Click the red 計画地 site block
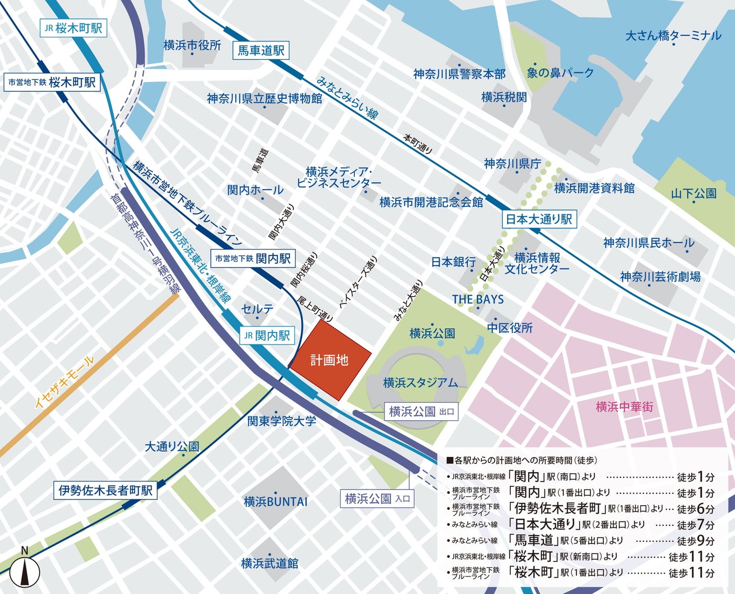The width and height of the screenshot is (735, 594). coord(330,361)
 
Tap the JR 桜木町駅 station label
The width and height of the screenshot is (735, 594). coord(73,28)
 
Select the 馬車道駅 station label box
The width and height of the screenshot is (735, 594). coord(260,50)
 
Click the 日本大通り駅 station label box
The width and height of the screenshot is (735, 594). coord(539,219)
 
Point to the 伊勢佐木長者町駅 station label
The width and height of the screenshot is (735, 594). coord(106,490)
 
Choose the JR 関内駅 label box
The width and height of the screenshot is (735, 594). coord(267,336)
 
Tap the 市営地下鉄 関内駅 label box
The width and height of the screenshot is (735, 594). coord(253,258)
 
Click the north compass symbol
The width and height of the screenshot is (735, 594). coord(25,570)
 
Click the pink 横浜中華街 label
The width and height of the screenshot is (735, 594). coord(624,407)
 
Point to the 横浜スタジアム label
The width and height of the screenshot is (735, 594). coord(420,383)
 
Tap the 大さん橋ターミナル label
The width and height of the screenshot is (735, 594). coord(673,36)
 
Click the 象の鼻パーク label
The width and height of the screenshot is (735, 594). coord(560,73)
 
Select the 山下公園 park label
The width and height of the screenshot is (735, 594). coord(693,193)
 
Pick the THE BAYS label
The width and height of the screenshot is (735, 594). coord(478,299)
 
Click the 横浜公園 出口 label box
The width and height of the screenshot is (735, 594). coord(421,412)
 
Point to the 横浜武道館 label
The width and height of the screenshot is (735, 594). coord(269,564)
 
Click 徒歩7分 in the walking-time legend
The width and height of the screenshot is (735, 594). coord(695,525)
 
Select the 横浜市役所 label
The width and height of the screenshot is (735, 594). coord(192,46)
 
